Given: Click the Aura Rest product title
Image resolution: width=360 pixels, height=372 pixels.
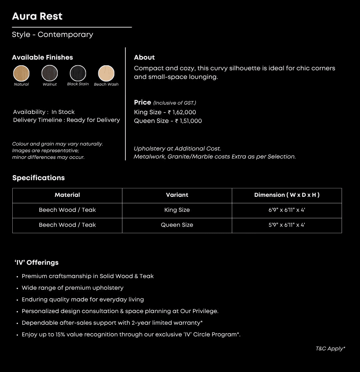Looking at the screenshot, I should point(37,16).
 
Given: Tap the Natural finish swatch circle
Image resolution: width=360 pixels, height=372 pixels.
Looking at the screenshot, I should point(21,73).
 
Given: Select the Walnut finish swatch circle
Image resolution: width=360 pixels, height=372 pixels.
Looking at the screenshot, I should point(50,73).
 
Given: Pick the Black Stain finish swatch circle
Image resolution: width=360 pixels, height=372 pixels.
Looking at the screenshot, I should point(78,73).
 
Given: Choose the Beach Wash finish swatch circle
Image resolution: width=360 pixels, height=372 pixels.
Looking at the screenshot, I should point(106,73).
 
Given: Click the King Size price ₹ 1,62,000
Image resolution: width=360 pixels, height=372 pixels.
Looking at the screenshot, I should point(182,112).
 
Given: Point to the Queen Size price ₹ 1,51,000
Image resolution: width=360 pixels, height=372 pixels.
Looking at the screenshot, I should point(188,121).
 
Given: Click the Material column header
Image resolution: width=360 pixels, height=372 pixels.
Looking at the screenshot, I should point(67,195).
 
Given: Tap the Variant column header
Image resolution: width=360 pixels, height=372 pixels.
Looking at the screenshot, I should point(177,195).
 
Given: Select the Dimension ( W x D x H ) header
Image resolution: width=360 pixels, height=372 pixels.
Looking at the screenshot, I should point(287,195).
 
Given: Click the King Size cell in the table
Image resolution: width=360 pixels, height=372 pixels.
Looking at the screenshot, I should point(177,210).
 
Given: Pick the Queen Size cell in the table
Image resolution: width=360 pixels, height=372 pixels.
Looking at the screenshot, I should point(177,225).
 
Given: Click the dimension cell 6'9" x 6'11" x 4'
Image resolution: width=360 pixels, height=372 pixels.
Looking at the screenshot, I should point(287,210).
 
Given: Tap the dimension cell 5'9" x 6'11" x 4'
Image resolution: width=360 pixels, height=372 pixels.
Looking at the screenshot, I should point(287,225).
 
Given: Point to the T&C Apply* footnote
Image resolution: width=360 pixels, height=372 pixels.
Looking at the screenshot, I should point(330,349).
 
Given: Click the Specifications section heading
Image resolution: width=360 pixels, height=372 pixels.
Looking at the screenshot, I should point(38,178).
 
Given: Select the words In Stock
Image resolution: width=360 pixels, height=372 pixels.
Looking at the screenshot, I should point(63,112).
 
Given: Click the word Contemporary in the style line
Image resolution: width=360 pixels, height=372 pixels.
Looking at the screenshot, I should point(65,35).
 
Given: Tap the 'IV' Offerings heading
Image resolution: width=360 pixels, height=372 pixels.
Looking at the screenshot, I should point(37,262).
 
